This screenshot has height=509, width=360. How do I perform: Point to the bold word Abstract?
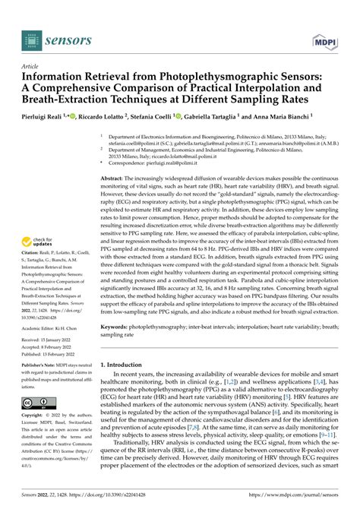113,176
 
